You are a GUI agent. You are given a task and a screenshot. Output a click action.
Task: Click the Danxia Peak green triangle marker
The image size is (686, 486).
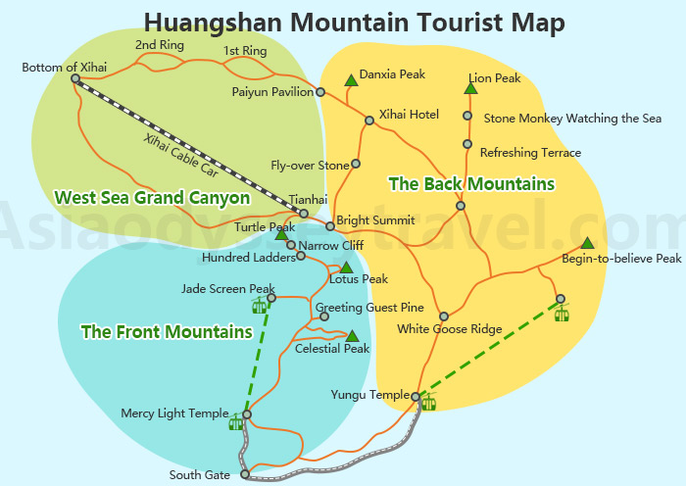click(x=350, y=80)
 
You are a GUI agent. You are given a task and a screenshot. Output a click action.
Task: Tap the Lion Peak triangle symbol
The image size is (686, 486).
click(x=470, y=89)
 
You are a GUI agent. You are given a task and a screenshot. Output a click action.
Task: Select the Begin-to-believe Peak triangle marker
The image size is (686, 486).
click(x=586, y=243)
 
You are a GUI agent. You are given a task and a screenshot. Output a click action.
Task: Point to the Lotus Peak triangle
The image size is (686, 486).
click(x=346, y=267)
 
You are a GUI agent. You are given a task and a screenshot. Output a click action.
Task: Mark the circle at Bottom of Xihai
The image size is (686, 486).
click(x=75, y=79)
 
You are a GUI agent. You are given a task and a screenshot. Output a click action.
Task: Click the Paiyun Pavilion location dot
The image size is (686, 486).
click(x=320, y=92)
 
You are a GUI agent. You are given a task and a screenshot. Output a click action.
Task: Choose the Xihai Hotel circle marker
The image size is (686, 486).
click(x=369, y=121)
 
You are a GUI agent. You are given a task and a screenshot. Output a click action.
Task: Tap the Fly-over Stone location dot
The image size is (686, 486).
click(x=356, y=164)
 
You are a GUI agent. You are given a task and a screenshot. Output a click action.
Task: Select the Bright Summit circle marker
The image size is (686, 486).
click(x=330, y=225)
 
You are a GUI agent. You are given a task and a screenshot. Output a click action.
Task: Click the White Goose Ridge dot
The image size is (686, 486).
click(x=443, y=316)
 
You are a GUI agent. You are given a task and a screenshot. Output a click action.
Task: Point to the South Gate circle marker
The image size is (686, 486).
click(x=245, y=475)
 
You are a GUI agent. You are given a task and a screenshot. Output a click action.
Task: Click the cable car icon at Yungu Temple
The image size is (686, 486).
click(x=428, y=402)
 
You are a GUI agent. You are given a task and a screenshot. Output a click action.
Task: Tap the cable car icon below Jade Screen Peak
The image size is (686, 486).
click(x=260, y=307)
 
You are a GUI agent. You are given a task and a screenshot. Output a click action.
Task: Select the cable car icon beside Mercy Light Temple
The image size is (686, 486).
click(x=235, y=422)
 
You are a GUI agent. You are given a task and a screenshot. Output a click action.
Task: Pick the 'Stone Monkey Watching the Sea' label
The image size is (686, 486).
click(x=572, y=119)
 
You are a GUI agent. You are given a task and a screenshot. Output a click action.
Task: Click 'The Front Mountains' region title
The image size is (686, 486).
click(x=167, y=332)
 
